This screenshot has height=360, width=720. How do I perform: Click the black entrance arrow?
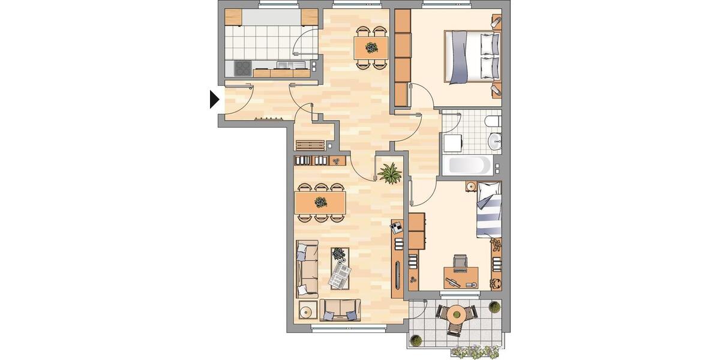click(x=214, y=99)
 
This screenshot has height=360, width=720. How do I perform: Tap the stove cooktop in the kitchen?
click(x=242, y=68)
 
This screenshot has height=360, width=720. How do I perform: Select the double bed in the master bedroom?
click(x=473, y=57)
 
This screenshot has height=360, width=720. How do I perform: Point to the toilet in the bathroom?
click(x=493, y=122)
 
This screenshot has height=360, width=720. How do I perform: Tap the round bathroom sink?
click(x=495, y=142)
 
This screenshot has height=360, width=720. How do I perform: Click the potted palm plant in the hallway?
click(x=390, y=173)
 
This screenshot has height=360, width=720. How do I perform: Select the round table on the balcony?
click(x=457, y=313)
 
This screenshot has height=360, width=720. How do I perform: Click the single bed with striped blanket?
click(x=488, y=210)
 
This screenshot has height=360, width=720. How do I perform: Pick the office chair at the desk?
click(x=460, y=262)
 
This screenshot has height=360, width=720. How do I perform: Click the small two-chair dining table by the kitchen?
click(x=371, y=47)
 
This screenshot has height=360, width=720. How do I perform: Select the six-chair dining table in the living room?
click(x=320, y=202)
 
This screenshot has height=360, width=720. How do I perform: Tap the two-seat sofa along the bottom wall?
click(x=340, y=310)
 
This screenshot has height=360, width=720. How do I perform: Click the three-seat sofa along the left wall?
click(x=307, y=269)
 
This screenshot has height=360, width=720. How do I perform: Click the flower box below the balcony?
click(x=476, y=352)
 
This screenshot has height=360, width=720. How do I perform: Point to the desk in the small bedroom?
click(x=461, y=277)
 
